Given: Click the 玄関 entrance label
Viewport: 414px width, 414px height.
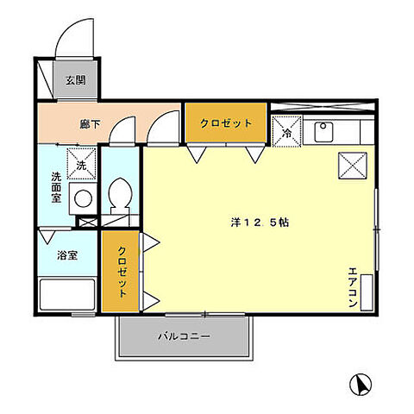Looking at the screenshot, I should tap(75, 81).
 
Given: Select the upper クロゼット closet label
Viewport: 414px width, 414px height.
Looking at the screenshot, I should tap(226, 123).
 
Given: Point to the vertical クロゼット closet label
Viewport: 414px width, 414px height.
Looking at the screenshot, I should tap(122, 273).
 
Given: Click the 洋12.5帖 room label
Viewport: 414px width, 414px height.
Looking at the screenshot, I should tap(254, 222).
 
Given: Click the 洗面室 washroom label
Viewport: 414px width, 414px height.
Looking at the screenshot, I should tap(56, 186).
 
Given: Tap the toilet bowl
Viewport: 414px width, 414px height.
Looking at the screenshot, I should tap(119, 194).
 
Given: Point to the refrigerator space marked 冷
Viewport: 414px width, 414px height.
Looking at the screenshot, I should tap(286, 132).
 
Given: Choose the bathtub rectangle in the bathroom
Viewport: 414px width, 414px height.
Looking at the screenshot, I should tap(66, 294).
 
